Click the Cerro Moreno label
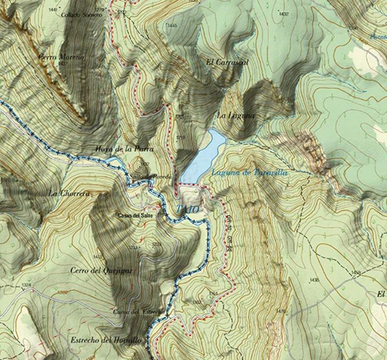pyautogui.click(x=62, y=57)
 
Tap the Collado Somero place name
pyautogui.click(x=61, y=15)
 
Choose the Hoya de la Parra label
pyautogui.click(x=124, y=148)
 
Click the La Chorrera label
pyautogui.click(x=69, y=193)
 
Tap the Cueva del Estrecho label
pyautogui.click(x=129, y=311)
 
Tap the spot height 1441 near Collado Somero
pyautogui.click(x=52, y=8)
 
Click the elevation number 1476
pyautogui.click(x=281, y=310)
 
